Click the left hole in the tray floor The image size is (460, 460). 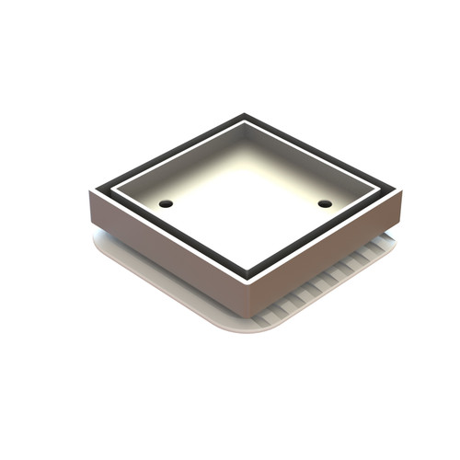point(167,203)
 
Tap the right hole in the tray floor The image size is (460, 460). point(325,203)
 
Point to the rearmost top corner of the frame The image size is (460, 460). point(245,115)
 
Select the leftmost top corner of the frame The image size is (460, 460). point(88,193)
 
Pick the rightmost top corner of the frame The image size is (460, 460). point(401,190)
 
